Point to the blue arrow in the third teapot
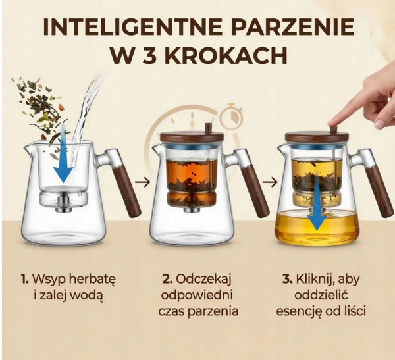[317, 204]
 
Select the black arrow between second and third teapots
[270, 182]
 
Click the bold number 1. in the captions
[24, 279]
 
